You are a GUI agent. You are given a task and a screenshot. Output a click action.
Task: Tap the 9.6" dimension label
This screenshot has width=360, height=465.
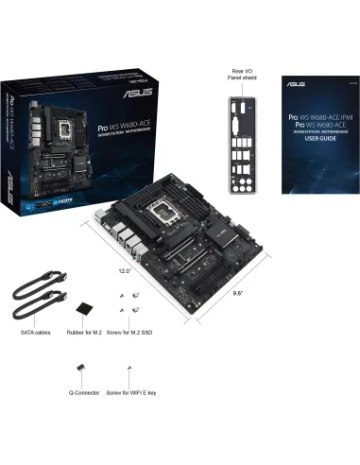click(238, 293)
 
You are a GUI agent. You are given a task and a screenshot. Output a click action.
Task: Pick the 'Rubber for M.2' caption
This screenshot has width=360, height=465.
click(88, 332)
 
